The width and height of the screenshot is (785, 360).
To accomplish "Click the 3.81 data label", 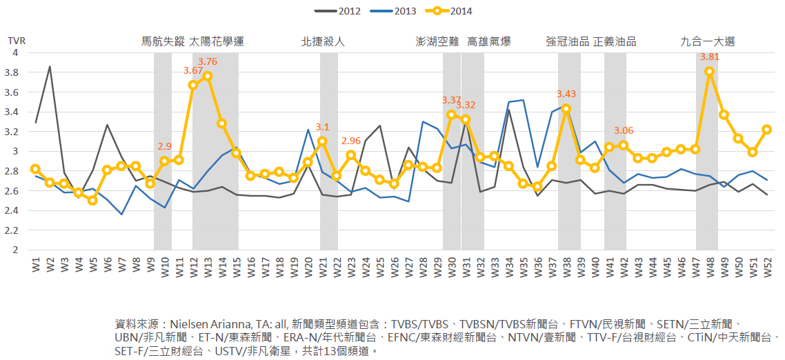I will tap(710, 57).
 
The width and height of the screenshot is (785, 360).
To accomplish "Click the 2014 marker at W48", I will tap(709, 71).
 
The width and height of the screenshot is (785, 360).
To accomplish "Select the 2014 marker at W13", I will tap(208, 76).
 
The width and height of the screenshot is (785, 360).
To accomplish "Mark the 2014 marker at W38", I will tap(566, 108).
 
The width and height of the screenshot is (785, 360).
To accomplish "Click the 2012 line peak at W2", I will tap(50, 66).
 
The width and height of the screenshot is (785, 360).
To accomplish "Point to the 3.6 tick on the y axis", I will tap(16, 92).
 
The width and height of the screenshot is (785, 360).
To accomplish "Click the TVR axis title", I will tap(15, 41).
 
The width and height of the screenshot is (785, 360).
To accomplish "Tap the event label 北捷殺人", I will tap(324, 41).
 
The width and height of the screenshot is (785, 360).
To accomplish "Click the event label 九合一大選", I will tap(708, 41).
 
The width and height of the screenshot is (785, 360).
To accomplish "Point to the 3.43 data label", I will tap(566, 94).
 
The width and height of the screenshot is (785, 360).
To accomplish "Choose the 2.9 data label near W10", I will tap(165, 146).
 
